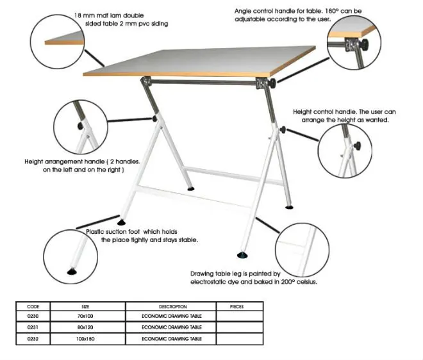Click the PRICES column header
[236, 306]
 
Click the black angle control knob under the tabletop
[274, 84]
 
